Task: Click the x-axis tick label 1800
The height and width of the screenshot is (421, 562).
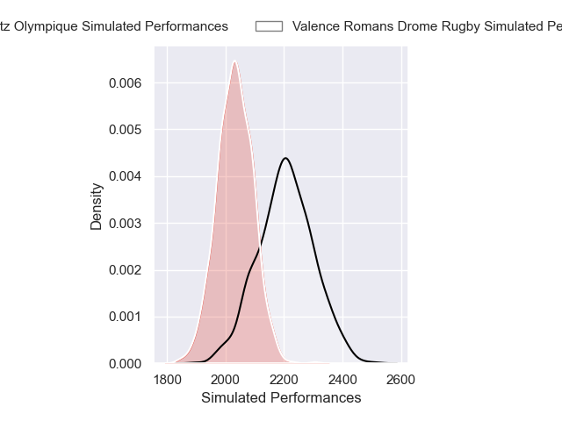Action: point(167,380)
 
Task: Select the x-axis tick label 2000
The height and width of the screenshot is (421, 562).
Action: point(226,380)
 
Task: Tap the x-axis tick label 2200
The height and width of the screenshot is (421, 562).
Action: point(285,380)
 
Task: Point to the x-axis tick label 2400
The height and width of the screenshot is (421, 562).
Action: point(343,380)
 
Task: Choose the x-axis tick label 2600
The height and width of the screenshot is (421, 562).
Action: point(401,380)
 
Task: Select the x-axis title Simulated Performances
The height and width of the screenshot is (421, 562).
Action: point(281,398)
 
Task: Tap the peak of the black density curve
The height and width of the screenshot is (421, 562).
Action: point(286,158)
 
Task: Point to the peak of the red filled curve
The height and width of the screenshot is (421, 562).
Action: point(234,61)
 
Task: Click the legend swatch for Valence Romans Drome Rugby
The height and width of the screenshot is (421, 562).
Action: point(269,26)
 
